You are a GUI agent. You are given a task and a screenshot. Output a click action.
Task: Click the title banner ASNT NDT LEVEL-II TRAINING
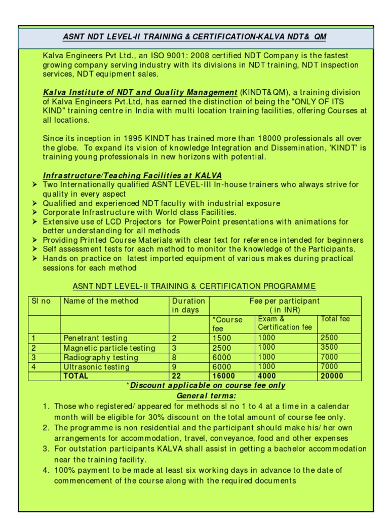tap(195, 38)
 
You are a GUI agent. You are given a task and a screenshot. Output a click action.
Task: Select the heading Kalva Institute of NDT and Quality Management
tap(140, 92)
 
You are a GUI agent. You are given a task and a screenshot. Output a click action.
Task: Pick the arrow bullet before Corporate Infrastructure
tap(34, 212)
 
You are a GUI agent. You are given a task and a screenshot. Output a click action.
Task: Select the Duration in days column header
tap(188, 305)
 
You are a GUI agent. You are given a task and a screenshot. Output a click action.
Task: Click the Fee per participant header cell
tap(285, 305)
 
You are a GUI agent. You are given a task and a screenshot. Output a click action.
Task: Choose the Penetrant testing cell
tap(95, 338)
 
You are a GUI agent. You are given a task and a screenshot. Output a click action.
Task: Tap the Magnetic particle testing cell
tap(109, 348)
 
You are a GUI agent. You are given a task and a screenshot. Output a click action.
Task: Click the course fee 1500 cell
tap(222, 338)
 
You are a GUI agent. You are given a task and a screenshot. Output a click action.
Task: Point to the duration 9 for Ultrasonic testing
tap(175, 366)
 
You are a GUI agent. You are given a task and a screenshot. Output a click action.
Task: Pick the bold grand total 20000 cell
tap(332, 376)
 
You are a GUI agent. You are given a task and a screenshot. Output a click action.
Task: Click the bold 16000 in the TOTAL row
tap(223, 376)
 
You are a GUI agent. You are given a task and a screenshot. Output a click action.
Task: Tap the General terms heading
tap(206, 395)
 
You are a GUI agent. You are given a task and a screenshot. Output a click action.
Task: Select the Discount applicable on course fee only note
tap(207, 385)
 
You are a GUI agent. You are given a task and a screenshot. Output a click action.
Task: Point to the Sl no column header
tap(42, 301)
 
